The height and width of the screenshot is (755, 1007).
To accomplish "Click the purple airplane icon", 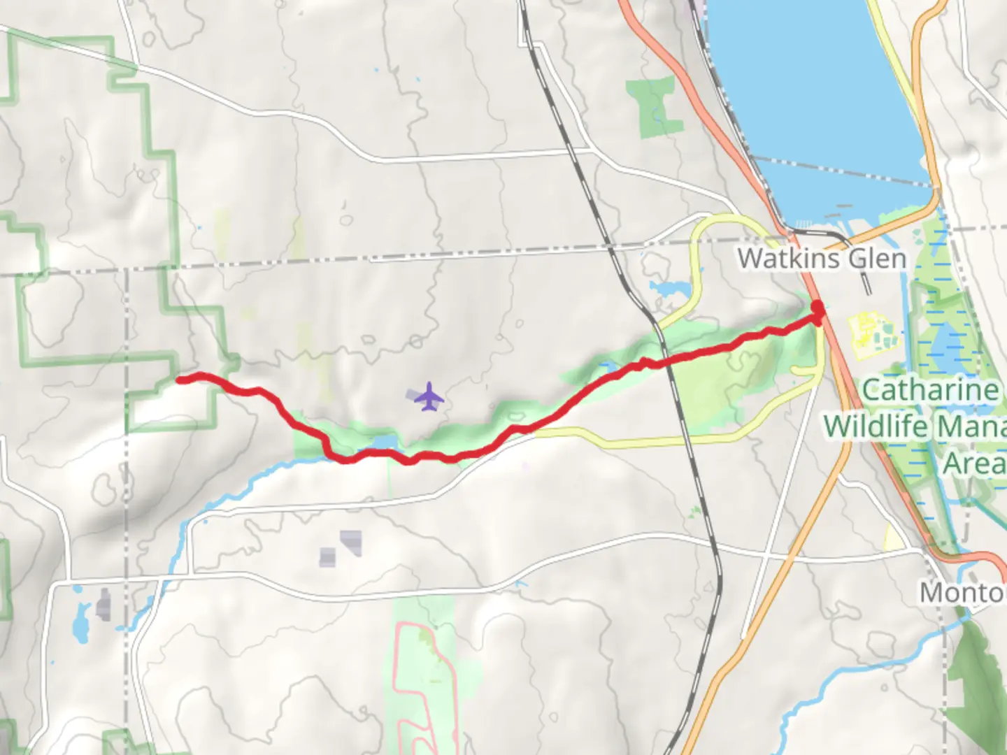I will coord(429,397).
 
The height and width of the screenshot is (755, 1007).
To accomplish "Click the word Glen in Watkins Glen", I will coord(877,259).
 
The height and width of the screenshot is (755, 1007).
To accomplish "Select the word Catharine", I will coord(930,390).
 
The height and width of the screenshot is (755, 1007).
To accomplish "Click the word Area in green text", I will coord(973,463).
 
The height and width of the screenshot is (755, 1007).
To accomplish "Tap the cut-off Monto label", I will coord(962,593).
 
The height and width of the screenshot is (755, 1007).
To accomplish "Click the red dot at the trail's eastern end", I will coord(817,308).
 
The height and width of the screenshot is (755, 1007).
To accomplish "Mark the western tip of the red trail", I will coord(180,380).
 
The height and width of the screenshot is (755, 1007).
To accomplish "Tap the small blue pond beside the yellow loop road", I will coord(668,287).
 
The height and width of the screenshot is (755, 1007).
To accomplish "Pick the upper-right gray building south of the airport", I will coord(352,542).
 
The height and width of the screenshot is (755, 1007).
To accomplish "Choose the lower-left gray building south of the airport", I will coord(327,556).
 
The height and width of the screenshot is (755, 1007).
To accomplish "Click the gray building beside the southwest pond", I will coord(105,604).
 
